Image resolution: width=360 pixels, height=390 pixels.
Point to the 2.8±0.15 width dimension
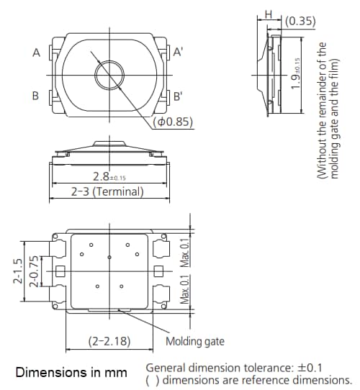(x=109, y=177)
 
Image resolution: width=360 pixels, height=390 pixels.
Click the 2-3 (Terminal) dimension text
(x=107, y=192)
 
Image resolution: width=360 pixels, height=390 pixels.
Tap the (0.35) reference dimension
(x=300, y=21)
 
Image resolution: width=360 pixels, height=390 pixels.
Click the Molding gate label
(x=195, y=341)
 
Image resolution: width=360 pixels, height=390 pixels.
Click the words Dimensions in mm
(x=71, y=373)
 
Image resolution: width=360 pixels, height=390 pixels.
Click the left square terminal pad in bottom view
(x=60, y=271)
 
